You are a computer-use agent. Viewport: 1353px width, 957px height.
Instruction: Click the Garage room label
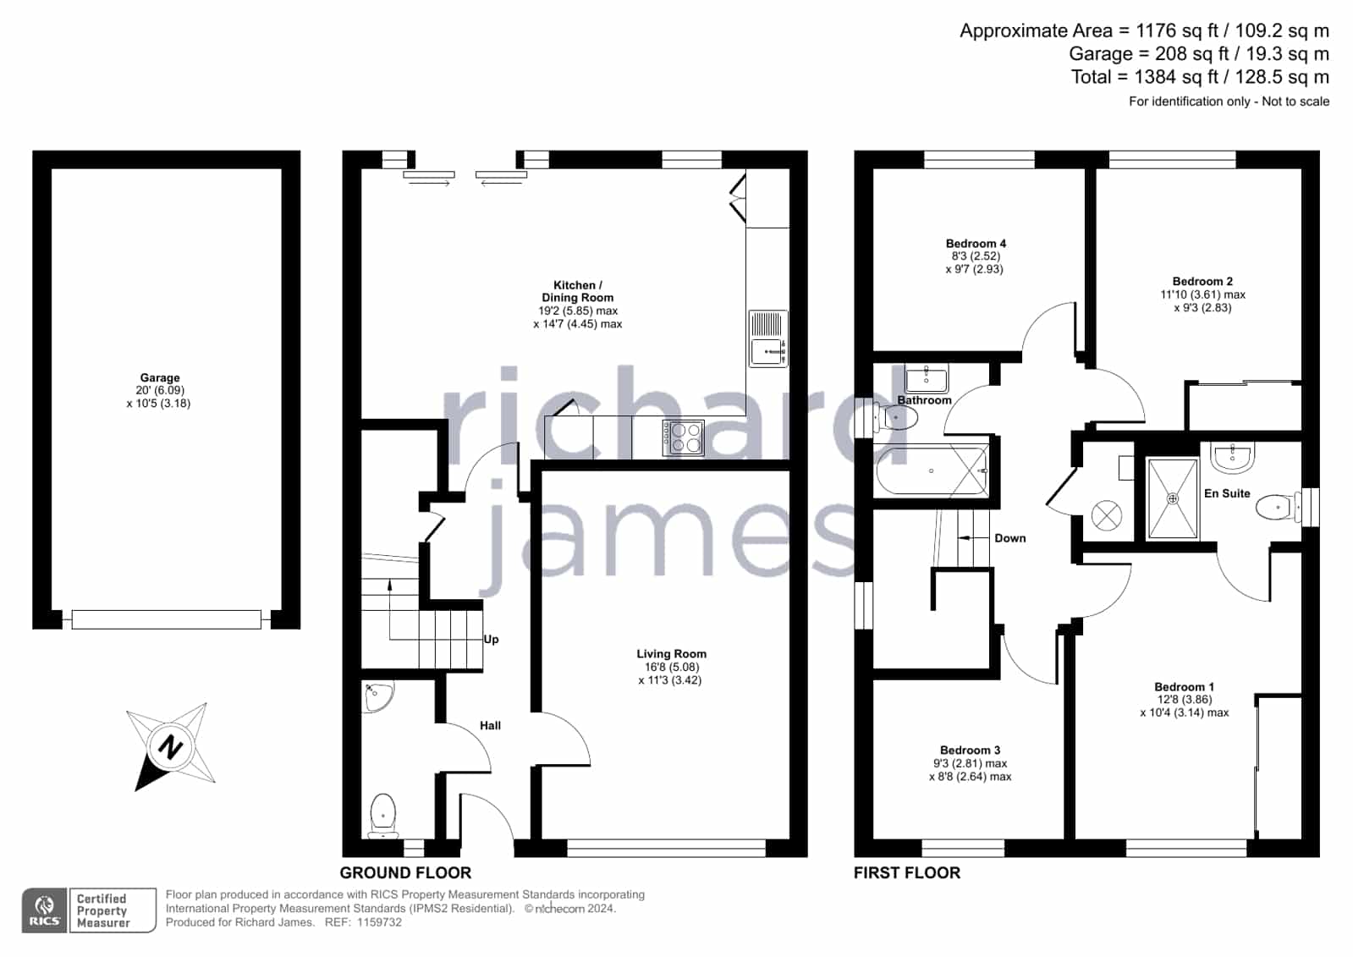160,377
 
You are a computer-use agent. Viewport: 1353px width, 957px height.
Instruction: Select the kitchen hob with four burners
684,437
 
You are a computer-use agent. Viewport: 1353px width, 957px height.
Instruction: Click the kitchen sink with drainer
768,338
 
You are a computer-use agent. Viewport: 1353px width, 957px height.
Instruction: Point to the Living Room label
671,654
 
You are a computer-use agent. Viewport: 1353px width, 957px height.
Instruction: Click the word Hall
490,726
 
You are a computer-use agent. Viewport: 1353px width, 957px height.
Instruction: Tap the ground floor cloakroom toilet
382,816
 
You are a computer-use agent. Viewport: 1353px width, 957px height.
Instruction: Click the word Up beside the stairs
491,639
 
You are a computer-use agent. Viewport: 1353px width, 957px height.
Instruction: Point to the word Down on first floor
1010,538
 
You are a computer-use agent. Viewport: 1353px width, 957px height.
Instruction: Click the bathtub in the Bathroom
932,470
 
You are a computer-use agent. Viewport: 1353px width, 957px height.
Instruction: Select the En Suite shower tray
1173,498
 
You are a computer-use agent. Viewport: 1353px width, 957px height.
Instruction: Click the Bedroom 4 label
976,244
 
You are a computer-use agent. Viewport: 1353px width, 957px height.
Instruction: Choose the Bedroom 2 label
1202,282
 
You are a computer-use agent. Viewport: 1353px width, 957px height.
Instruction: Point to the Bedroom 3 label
970,751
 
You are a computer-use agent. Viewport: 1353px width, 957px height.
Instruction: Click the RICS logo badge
45,910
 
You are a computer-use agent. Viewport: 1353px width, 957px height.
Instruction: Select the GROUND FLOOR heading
405,873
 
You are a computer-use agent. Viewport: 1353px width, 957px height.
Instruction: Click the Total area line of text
1200,77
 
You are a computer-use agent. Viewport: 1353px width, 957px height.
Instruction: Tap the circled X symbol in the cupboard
1107,516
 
